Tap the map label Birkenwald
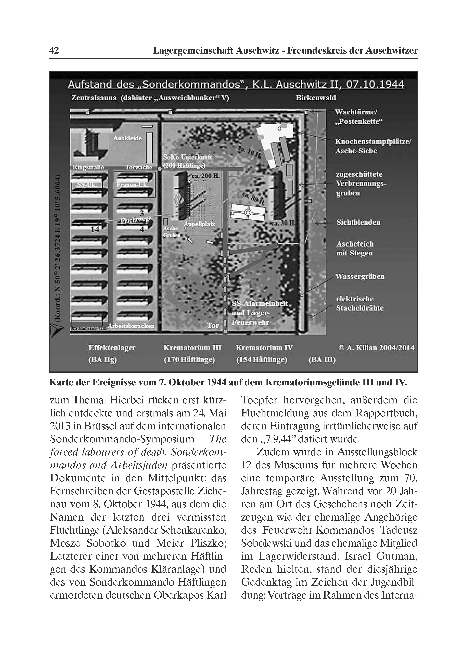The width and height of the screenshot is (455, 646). pos(316,98)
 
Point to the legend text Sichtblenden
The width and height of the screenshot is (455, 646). pos(358,222)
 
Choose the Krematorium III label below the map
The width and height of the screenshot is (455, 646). pos(193,348)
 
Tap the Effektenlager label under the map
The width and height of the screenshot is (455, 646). pos(112,348)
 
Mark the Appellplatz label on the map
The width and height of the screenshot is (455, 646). pos(199,224)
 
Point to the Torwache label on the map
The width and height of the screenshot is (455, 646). pos(139,167)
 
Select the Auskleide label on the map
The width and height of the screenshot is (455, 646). pos(128,138)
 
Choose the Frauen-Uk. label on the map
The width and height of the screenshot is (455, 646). pos(132,185)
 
